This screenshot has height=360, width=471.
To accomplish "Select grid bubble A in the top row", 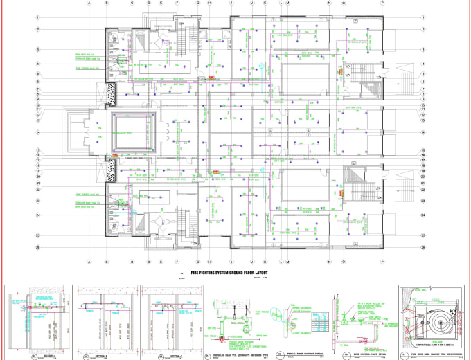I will tap(89, 3).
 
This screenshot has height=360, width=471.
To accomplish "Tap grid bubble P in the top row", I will tap(382, 3).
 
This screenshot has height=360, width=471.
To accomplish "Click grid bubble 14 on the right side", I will tap(422, 132).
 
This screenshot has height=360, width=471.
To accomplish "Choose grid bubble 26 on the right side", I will tap(422, 246).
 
